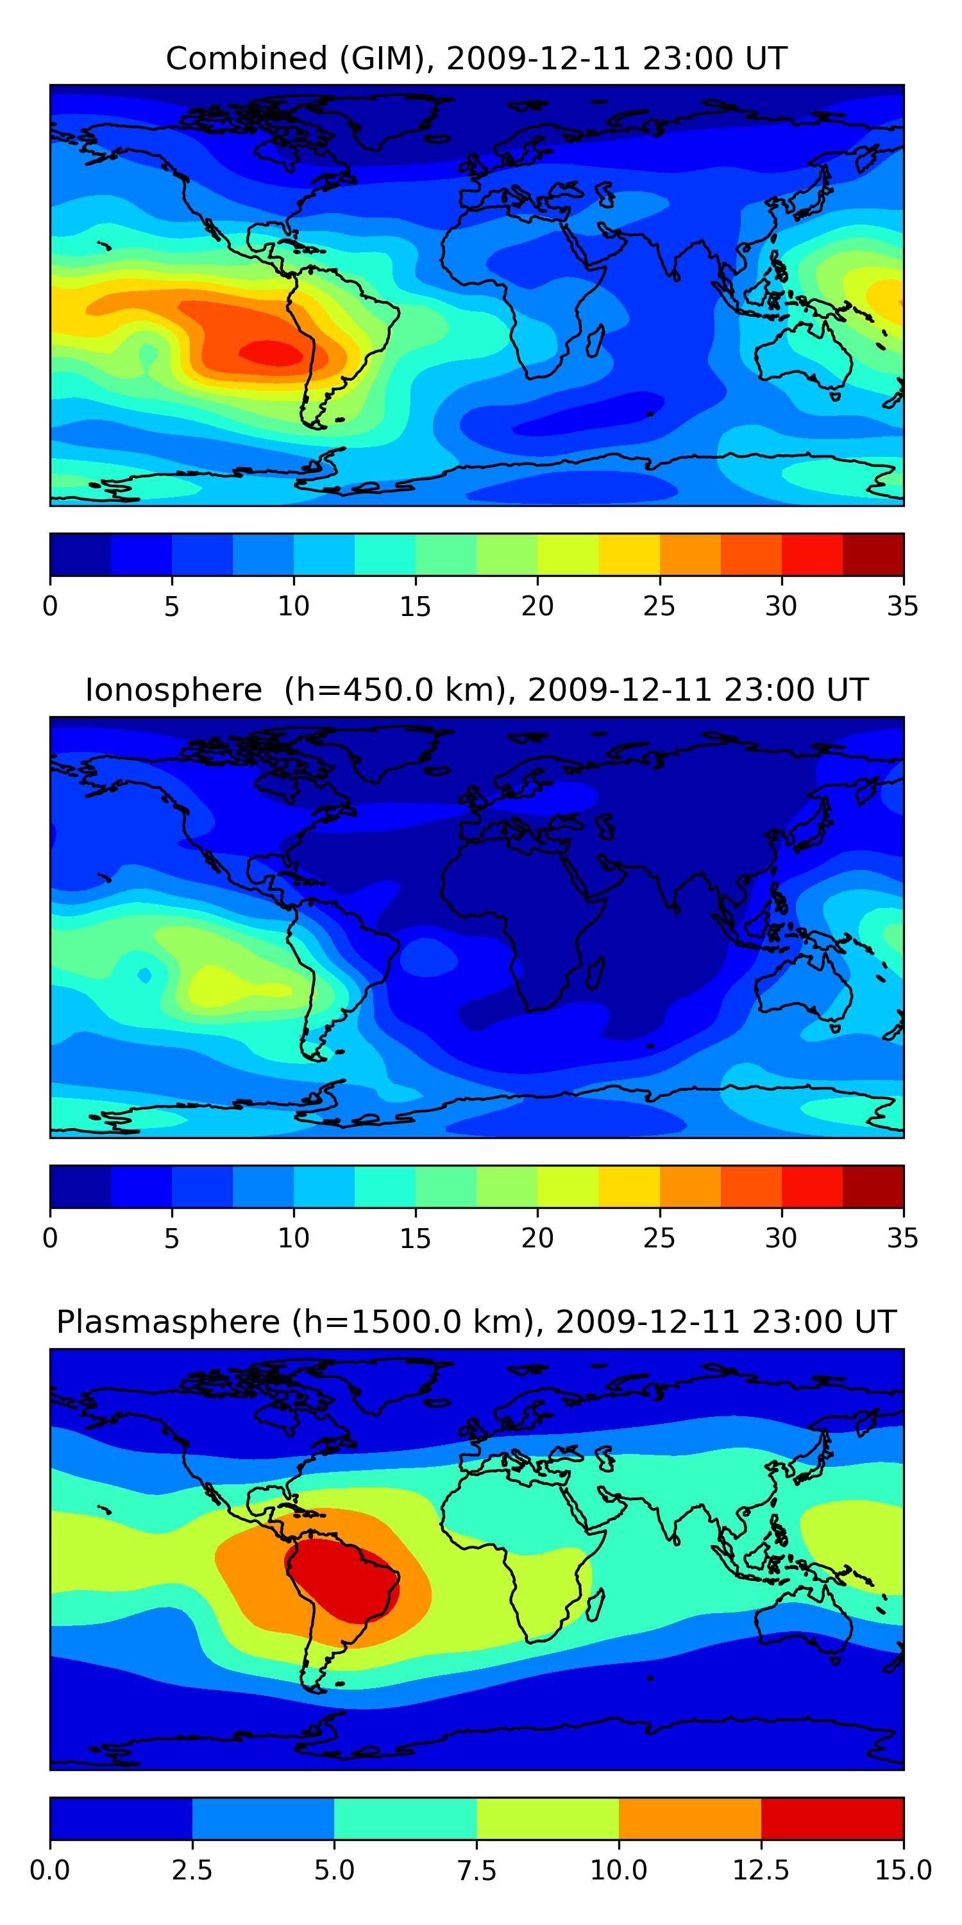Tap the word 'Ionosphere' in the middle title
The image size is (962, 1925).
173,690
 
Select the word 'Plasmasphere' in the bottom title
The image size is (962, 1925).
168,1322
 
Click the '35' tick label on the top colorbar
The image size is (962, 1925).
902,606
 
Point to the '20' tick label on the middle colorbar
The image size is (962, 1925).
537,1238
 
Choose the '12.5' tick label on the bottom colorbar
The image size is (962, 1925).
761,1870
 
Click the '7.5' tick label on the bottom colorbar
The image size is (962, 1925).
477,1870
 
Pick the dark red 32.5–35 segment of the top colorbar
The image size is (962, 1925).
872,554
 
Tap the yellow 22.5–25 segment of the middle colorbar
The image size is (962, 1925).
629,1186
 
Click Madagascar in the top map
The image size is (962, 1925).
595,341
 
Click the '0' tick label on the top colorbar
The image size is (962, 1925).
50,606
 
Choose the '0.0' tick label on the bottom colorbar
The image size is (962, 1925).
50,1870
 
